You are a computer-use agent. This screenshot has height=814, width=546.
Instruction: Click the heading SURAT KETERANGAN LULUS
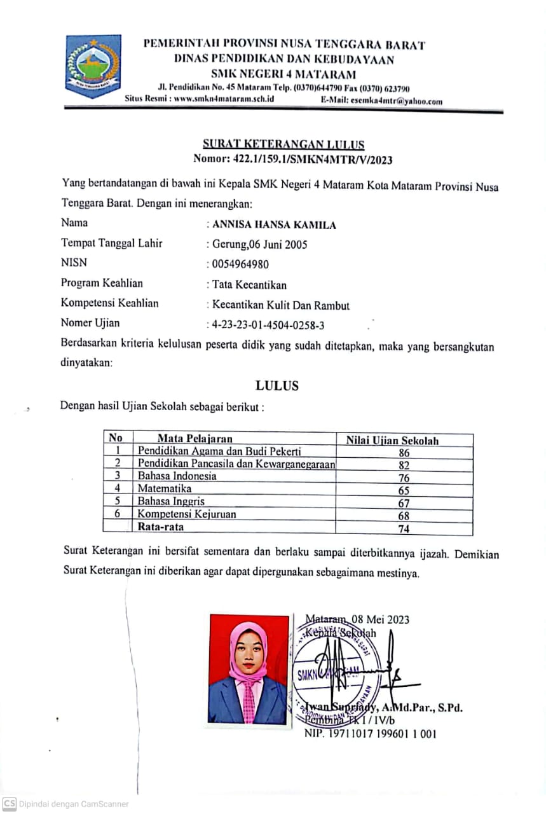[x=283, y=144]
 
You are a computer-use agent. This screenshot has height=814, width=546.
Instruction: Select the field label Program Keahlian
[x=102, y=284]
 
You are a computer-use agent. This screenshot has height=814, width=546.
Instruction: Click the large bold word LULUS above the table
[x=277, y=385]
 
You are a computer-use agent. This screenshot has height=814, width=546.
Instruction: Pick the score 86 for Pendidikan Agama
[x=404, y=453]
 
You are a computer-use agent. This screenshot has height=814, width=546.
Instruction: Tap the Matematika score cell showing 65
[x=404, y=490]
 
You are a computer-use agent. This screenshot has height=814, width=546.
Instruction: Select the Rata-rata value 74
[x=404, y=528]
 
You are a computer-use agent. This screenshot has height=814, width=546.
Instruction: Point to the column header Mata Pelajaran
[x=195, y=438]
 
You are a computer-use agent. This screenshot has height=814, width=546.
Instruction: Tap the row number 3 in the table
[x=118, y=476]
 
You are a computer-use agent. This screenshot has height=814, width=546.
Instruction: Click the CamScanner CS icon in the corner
[x=9, y=803]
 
